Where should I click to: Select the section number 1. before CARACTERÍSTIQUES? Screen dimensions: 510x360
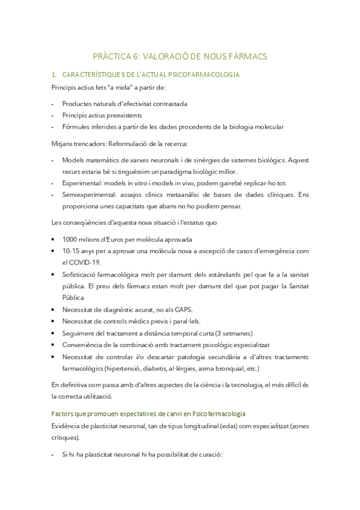(54, 75)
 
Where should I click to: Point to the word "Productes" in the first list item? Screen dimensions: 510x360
(77, 103)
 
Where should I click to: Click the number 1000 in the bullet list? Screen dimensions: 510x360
(70, 239)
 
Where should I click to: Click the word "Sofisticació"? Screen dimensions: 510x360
(80, 274)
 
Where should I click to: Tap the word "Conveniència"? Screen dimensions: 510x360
(82, 345)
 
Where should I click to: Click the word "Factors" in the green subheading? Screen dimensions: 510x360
(62, 414)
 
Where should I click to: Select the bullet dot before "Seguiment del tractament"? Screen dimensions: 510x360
(55, 333)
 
